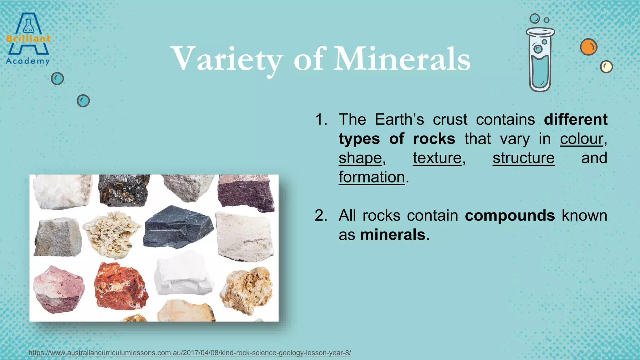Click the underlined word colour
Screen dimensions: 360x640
(581, 139)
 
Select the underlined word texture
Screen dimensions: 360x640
(437, 158)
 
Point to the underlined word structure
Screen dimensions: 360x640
(523, 158)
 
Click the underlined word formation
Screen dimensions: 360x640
(372, 177)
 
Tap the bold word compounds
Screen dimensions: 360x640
(510, 216)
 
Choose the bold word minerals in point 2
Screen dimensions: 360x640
(392, 235)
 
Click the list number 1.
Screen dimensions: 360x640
(321, 120)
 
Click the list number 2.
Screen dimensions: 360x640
(321, 216)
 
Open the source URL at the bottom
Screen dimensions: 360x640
(190, 353)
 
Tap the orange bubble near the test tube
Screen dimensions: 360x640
(588, 47)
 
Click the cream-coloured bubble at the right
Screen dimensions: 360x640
(606, 67)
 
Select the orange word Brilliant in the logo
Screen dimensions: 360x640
(28, 39)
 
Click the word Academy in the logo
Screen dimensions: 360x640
(28, 61)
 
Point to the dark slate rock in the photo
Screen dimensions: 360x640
(177, 227)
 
